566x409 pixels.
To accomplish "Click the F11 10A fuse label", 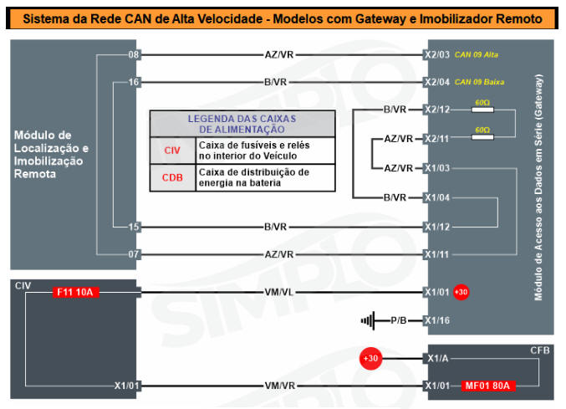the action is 76,292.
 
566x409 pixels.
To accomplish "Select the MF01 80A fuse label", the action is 487,386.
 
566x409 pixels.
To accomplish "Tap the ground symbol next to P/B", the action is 368,320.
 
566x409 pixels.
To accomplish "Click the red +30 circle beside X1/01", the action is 461,292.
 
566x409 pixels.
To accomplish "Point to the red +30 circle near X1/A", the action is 370,358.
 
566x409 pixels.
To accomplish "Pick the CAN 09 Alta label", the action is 477,54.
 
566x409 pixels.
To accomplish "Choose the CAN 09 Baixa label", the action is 479,82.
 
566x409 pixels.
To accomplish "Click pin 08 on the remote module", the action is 134,55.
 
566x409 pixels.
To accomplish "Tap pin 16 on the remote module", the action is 134,82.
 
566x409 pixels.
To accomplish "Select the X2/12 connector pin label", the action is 437,110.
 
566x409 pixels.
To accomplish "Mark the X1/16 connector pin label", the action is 437,320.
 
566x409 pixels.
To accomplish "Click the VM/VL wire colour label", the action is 279,292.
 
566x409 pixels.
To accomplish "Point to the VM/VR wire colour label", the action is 280,386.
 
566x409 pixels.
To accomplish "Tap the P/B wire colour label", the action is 399,320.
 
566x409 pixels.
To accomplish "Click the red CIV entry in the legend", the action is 172,151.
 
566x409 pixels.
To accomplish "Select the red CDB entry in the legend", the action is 172,177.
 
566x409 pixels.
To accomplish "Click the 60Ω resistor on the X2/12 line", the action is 482,110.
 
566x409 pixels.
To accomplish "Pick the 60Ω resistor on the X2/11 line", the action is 482,137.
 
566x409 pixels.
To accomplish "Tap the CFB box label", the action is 539,350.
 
